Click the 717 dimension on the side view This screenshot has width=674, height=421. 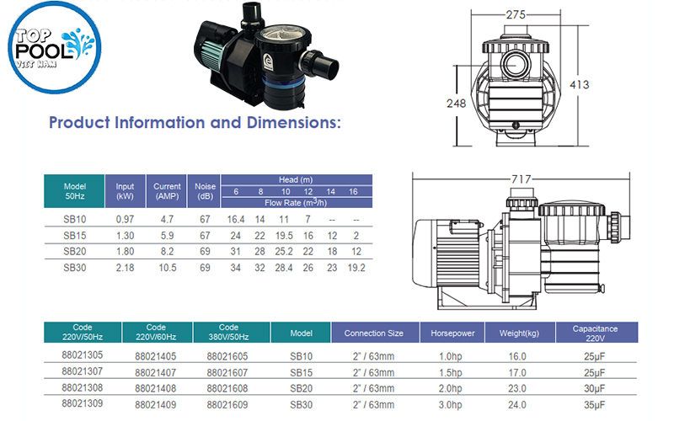click(522, 179)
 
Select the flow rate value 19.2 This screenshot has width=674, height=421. click(356, 268)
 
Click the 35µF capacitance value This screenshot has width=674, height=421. click(596, 404)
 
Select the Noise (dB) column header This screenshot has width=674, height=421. click(205, 191)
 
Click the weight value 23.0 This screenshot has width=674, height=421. click(518, 388)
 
